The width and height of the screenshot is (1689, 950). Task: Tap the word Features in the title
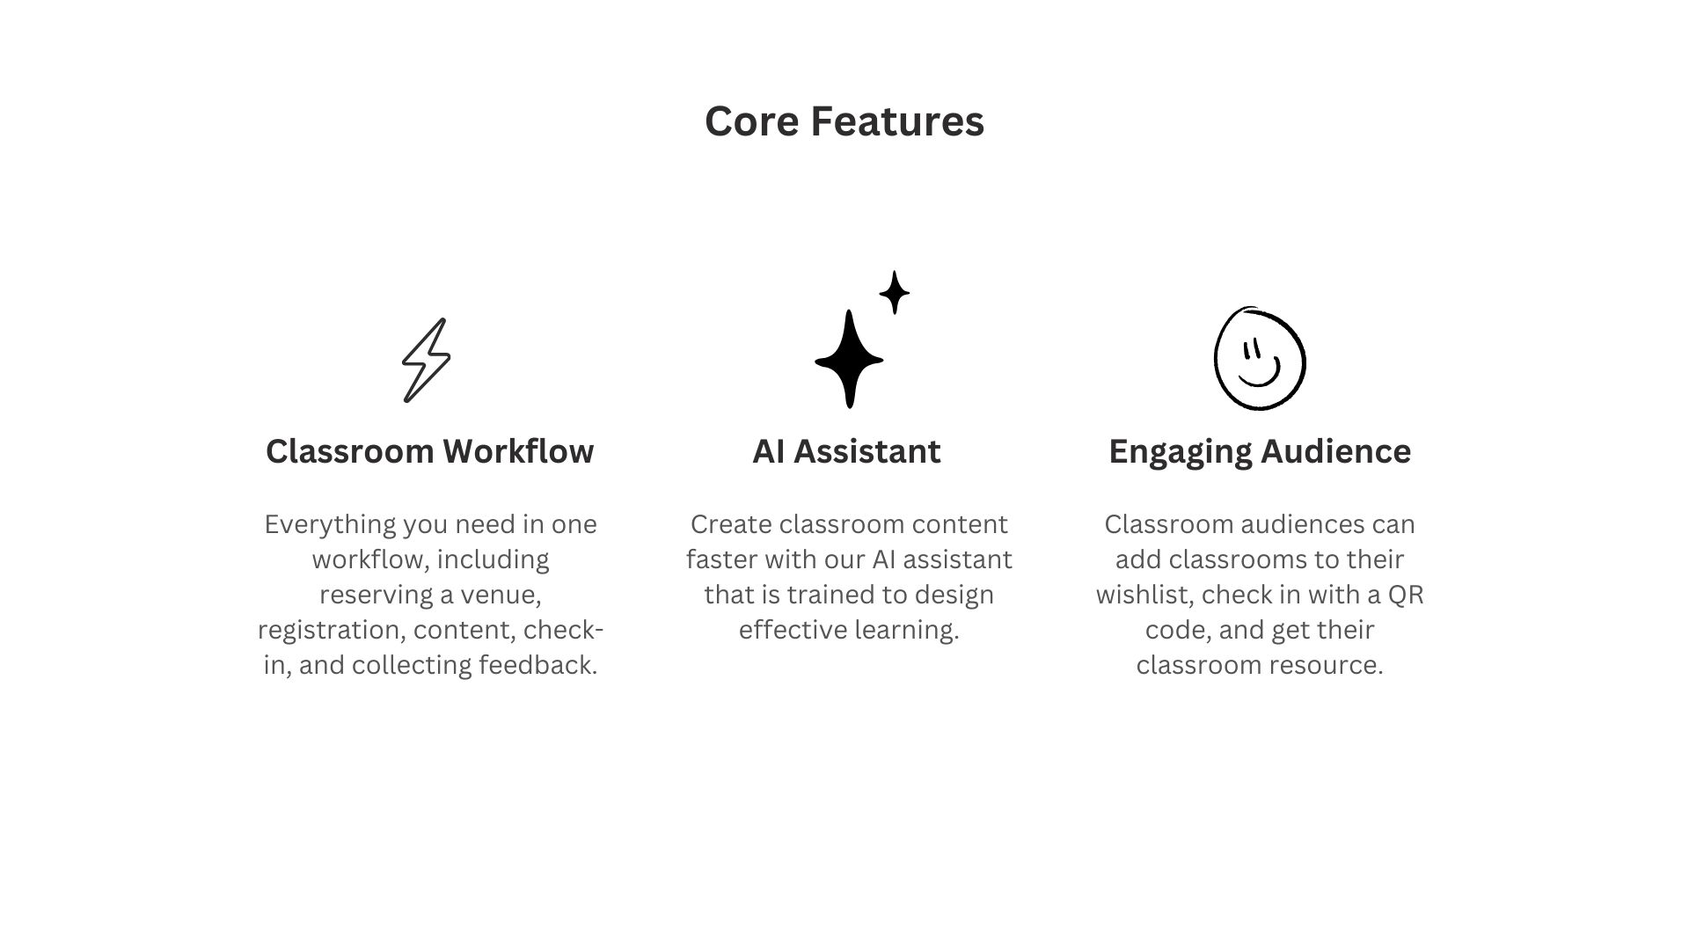pos(897,121)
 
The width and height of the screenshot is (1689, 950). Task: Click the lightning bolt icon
pos(426,361)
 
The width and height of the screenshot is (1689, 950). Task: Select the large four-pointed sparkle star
pos(849,359)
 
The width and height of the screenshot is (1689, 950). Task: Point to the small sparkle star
pos(895,292)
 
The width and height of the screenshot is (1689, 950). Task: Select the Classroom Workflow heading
pos(429,451)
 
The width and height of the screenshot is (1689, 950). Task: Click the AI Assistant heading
pos(846,451)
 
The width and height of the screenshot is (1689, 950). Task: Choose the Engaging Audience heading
pos(1260,452)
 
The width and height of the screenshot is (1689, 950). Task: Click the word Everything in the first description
pos(330,525)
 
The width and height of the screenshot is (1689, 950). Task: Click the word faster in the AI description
pos(721,559)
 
